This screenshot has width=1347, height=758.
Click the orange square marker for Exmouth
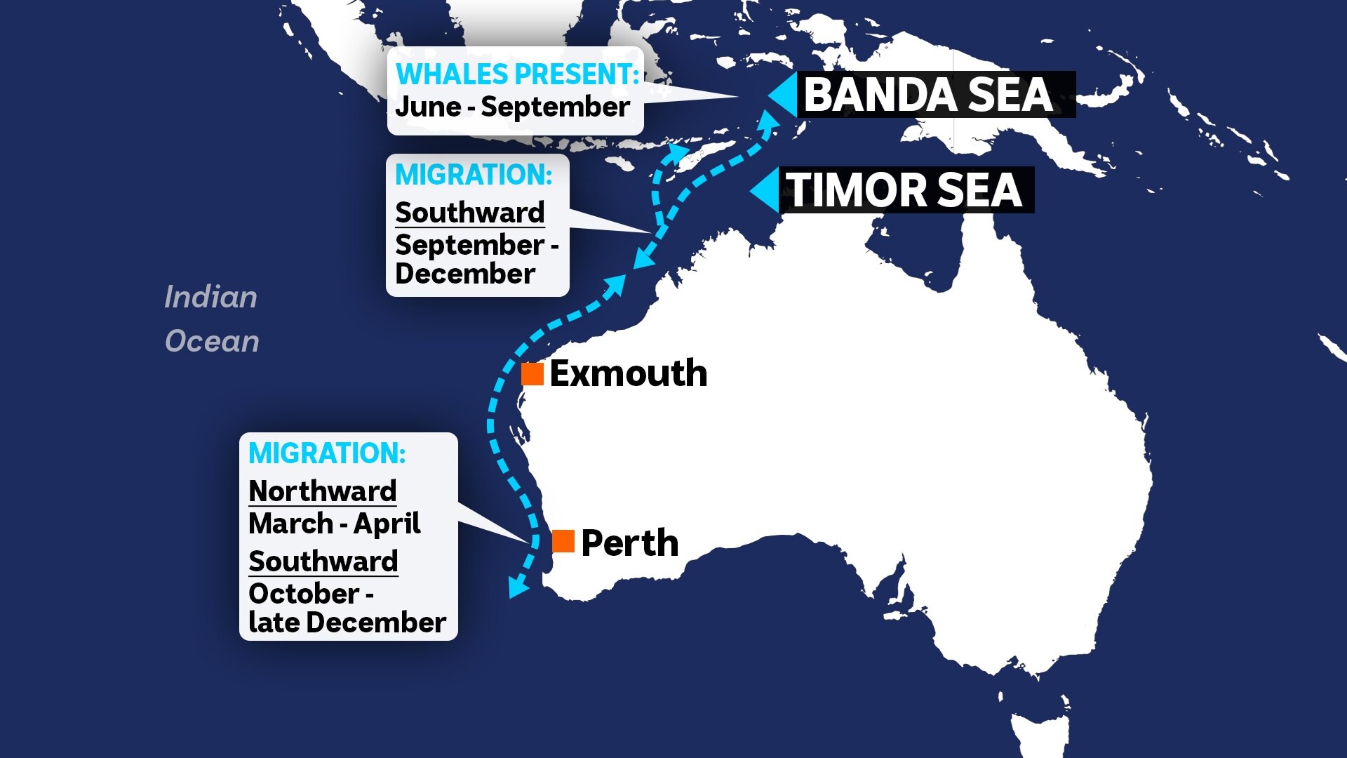532,374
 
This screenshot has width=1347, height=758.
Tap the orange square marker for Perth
563,541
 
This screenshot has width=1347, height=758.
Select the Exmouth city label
628,373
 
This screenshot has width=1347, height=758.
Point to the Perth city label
629,543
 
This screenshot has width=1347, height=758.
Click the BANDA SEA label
928,95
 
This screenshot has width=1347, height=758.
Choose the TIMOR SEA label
904,190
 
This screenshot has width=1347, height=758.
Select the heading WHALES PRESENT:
517,74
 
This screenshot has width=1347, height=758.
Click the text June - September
512,107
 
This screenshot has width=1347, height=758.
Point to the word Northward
323,491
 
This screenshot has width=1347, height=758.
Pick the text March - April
334,524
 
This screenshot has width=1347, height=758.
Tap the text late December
347,623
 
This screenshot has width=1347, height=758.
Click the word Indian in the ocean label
210,298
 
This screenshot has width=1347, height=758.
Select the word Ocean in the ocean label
212,342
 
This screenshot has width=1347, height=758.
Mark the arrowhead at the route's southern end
518,585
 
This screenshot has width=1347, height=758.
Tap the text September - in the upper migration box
476,245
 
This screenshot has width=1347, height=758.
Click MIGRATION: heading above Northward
327,453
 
